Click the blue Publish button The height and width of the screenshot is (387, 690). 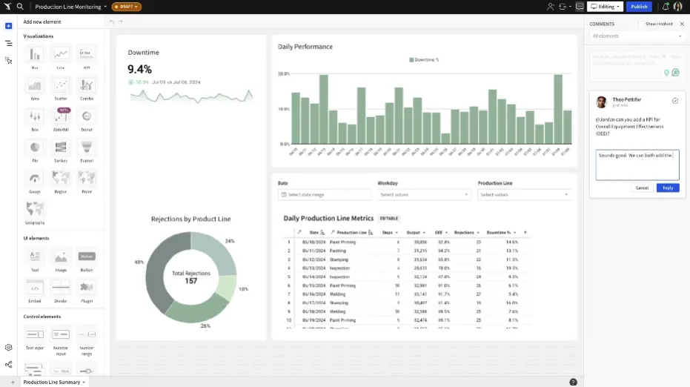click(x=639, y=7)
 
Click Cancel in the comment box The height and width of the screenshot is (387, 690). click(x=642, y=188)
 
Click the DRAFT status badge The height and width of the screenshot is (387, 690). click(x=127, y=7)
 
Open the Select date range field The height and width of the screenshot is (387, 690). click(x=325, y=195)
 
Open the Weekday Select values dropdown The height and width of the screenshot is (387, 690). click(x=424, y=195)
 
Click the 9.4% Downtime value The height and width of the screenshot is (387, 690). click(x=140, y=69)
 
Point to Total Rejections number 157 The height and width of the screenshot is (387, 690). click(x=190, y=281)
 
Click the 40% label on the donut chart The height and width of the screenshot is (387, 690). click(x=139, y=262)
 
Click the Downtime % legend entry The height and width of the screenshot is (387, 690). click(x=424, y=59)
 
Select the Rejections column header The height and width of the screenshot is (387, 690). click(x=465, y=232)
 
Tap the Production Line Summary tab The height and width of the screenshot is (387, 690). click(x=52, y=382)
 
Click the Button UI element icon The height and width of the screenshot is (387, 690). click(x=87, y=257)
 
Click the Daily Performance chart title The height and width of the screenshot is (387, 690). click(x=305, y=47)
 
